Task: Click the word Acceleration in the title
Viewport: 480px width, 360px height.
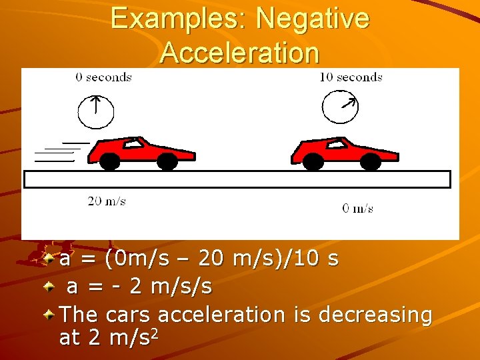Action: pos(240,53)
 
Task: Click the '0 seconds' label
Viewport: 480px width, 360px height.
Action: pos(103,77)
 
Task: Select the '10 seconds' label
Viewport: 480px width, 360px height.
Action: pos(351,77)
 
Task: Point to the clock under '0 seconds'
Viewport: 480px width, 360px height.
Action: pos(96,111)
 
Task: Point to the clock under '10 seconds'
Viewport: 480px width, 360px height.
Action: pos(340,107)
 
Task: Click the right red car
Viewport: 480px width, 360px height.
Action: pos(343,153)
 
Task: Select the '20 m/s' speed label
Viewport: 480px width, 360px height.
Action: pos(107,201)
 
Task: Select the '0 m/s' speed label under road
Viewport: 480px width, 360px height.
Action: pos(358,209)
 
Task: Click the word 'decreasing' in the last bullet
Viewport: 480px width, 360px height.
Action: pos(375,314)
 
